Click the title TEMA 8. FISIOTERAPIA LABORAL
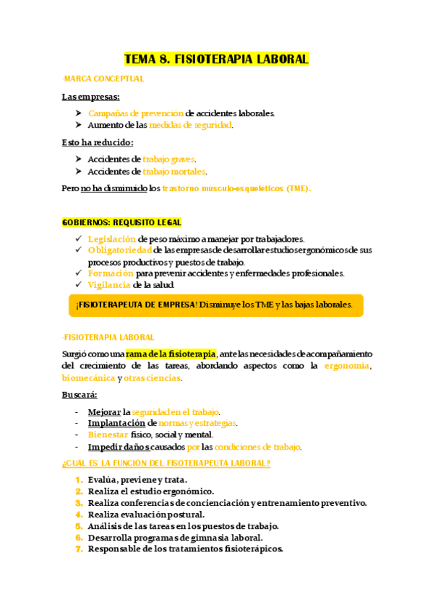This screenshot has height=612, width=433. click(216, 58)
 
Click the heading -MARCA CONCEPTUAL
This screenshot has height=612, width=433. click(103, 79)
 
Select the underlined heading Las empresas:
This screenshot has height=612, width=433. click(91, 97)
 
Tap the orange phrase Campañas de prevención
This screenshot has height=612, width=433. click(136, 113)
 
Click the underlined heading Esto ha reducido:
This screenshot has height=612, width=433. click(98, 142)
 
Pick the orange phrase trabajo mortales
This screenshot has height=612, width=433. click(174, 171)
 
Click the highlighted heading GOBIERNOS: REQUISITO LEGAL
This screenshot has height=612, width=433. click(121, 222)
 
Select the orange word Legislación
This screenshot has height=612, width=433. click(111, 239)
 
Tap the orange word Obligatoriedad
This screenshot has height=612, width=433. click(120, 250)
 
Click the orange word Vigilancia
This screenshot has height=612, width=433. click(109, 285)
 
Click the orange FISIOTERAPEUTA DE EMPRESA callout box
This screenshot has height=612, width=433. click(215, 305)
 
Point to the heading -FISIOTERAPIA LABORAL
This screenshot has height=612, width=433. click(108, 337)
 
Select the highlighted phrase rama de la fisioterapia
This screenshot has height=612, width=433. click(171, 354)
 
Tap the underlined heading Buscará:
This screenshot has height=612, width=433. click(80, 395)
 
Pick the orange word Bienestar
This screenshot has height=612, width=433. click(108, 434)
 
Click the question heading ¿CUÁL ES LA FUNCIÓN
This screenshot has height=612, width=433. click(166, 463)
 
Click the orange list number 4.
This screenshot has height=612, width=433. click(79, 515)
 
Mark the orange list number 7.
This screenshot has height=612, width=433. click(79, 548)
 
